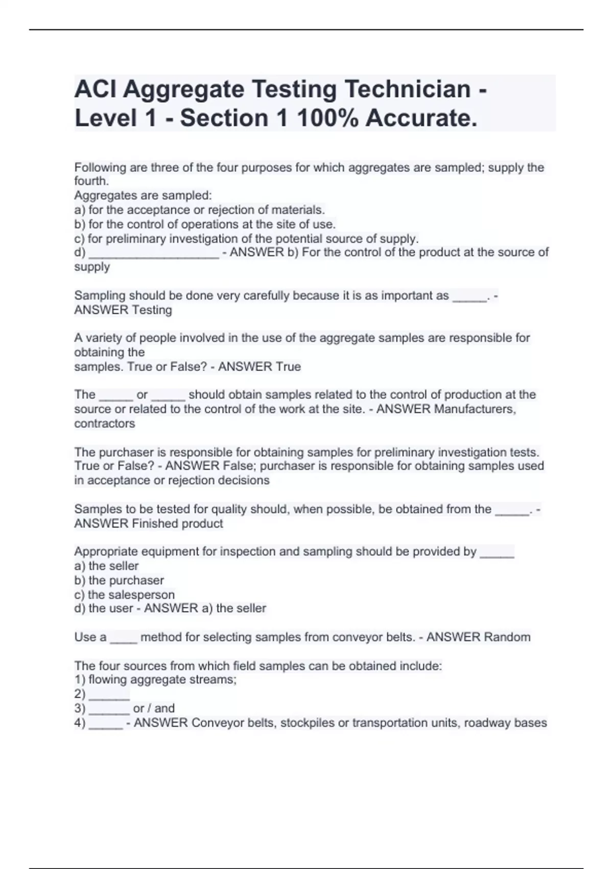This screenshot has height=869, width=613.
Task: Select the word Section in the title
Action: (224, 118)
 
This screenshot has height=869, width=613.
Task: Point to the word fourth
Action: (91, 181)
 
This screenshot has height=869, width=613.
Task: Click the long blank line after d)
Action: (154, 254)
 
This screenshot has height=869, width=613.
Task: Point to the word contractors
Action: (105, 423)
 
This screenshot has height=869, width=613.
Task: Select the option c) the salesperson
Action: (125, 594)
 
